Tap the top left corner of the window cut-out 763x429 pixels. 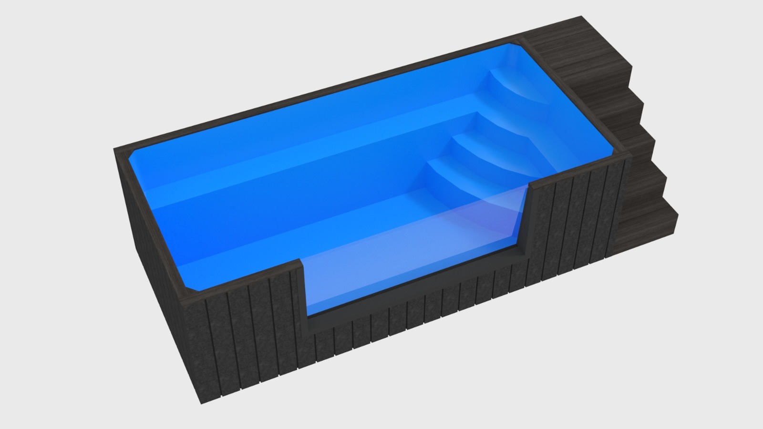[x=300, y=261]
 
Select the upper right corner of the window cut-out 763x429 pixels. [x=530, y=182]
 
